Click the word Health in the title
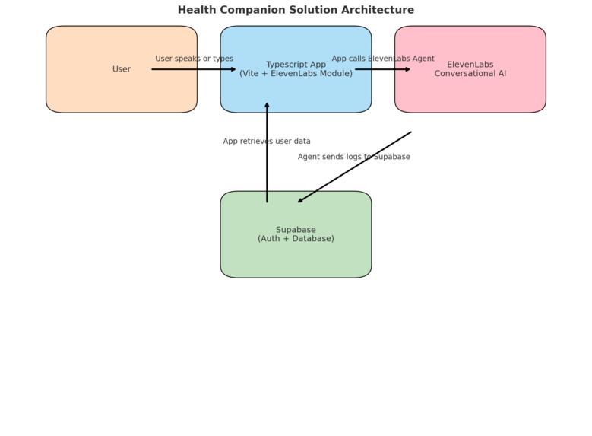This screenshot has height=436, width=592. click(196, 10)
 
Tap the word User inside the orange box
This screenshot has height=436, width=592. click(122, 69)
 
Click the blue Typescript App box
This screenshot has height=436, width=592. click(296, 95)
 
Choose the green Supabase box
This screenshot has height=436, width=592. click(296, 259)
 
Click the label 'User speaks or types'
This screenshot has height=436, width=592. click(195, 59)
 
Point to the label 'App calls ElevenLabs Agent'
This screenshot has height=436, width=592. click(383, 59)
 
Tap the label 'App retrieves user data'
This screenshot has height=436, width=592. click(267, 142)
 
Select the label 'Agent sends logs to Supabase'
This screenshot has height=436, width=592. click(353, 157)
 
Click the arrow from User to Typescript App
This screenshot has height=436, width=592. click(194, 69)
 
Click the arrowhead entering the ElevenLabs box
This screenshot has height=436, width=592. click(407, 69)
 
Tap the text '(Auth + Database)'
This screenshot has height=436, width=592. click(296, 239)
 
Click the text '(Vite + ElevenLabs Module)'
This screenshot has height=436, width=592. click(296, 74)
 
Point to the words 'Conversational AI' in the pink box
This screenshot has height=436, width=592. click(470, 74)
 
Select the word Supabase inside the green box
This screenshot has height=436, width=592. click(296, 230)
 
